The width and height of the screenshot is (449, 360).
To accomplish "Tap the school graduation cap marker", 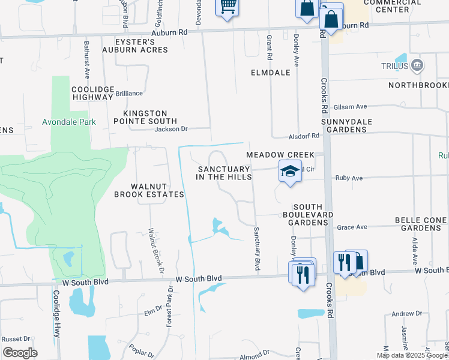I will point(289,172).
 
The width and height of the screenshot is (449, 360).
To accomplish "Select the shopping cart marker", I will point(227,7).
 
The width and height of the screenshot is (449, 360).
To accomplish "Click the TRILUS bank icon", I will point(417,65).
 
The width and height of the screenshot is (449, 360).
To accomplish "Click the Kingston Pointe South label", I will point(145,116).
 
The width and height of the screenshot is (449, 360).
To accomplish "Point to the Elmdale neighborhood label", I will point(270,73).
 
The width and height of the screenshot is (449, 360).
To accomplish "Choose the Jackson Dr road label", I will point(171,128).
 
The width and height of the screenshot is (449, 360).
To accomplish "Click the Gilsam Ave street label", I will point(350,106).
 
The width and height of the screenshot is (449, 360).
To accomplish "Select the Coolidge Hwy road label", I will point(56,323).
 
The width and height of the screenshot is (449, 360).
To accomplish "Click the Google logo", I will point(20,353).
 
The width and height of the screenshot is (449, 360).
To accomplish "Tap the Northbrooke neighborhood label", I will point(418,85).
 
